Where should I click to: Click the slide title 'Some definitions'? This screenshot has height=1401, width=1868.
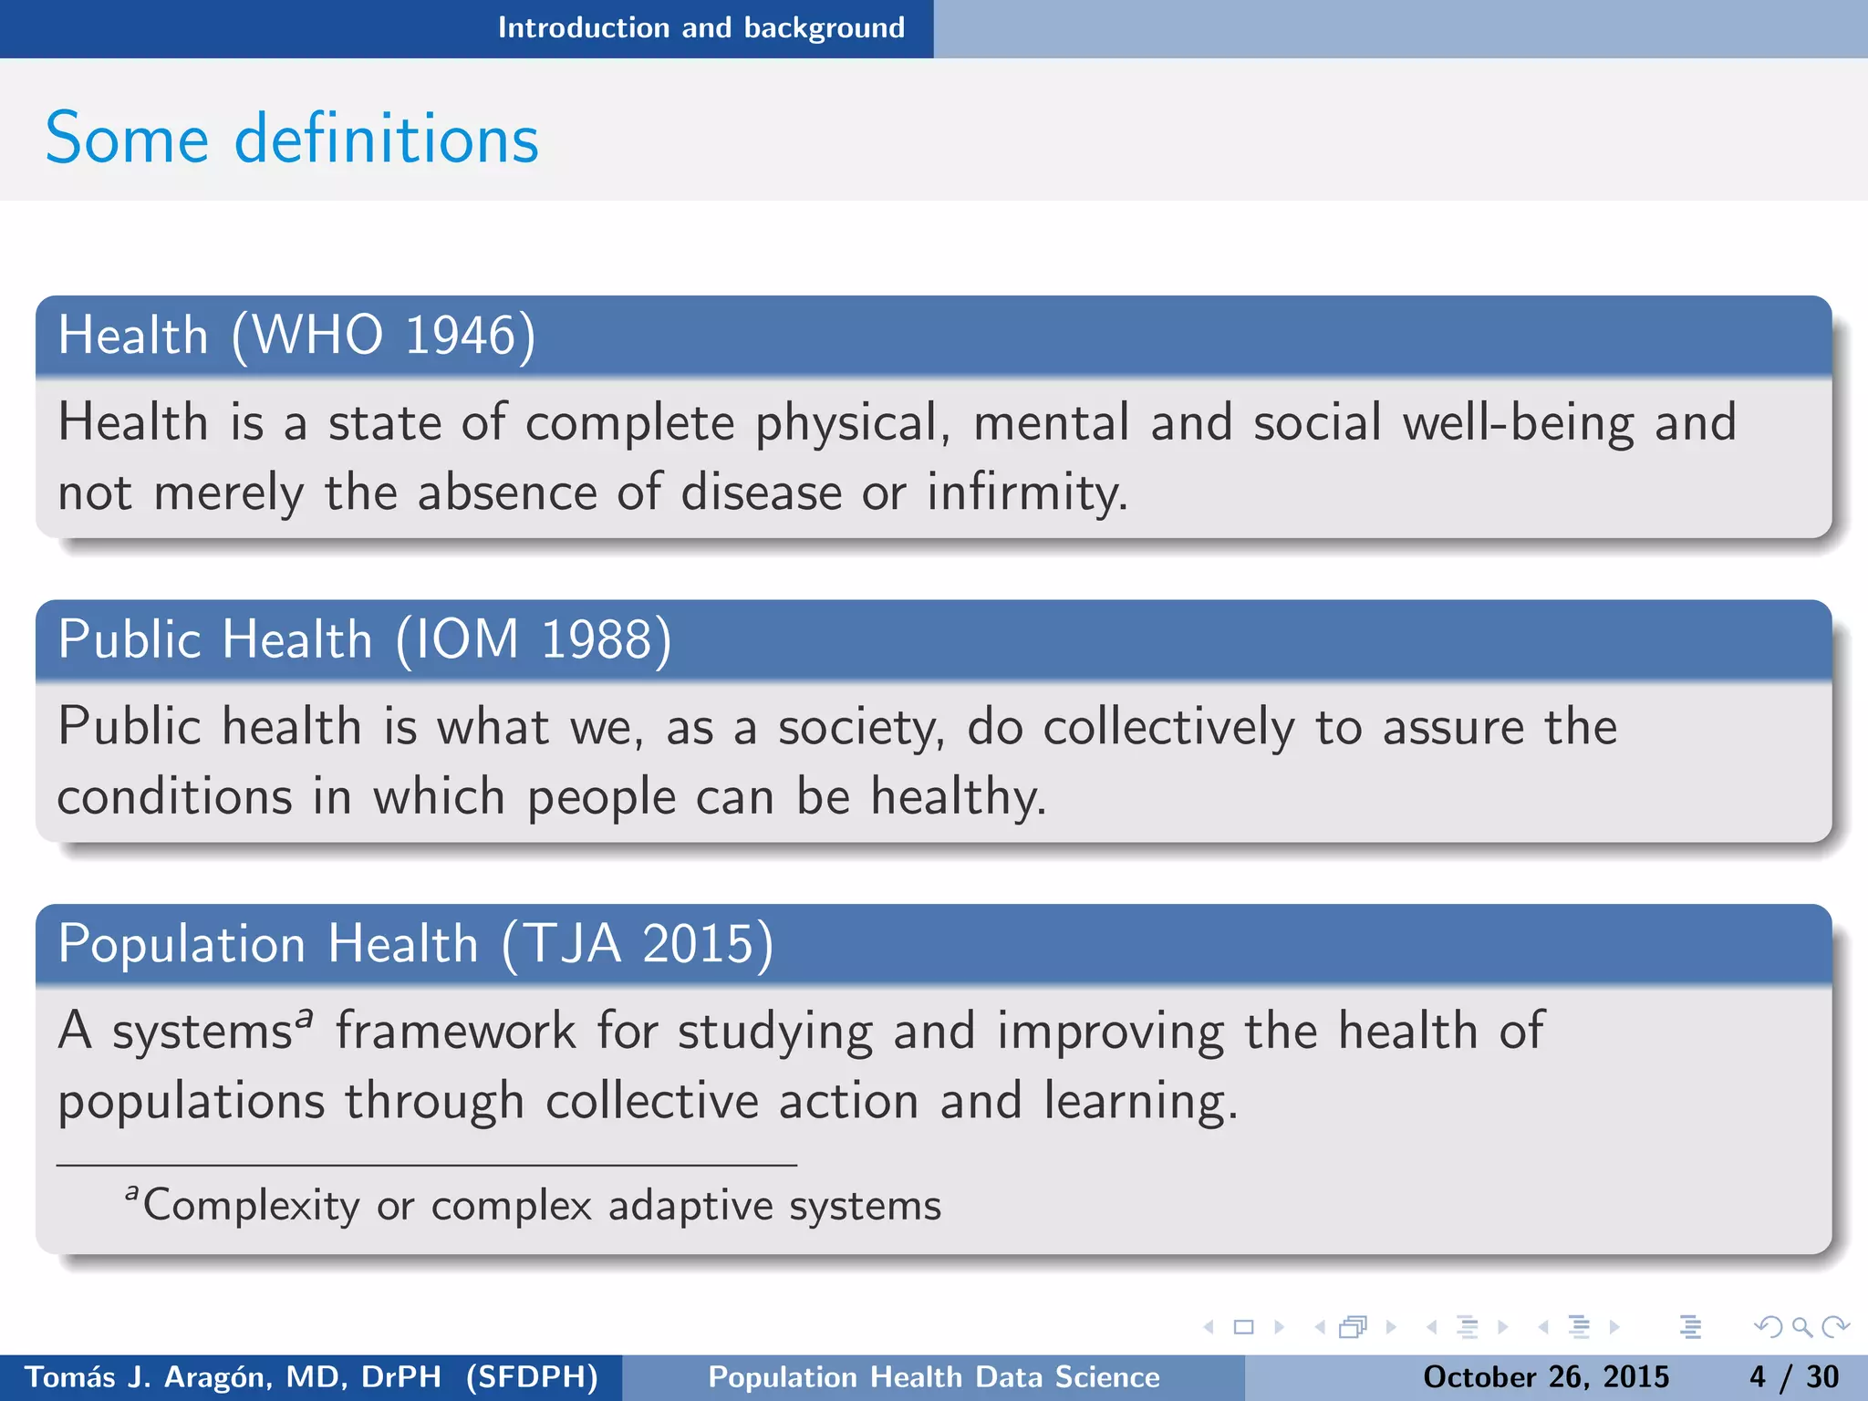(292, 139)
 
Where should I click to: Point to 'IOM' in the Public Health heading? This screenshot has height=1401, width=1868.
(467, 639)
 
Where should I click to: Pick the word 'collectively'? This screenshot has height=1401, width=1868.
(1168, 728)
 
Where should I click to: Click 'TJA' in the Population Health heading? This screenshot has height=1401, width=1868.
(573, 944)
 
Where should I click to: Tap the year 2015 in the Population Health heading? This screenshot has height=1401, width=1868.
(698, 944)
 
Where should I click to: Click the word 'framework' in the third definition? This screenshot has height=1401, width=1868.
(456, 1032)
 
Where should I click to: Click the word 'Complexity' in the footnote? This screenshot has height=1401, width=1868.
(251, 1206)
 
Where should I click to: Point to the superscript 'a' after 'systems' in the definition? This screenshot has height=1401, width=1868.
(305, 1015)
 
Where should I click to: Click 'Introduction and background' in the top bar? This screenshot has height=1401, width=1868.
(700, 28)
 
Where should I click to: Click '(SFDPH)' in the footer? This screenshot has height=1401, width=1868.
(532, 1376)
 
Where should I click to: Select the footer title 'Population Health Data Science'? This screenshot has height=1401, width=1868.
(934, 1376)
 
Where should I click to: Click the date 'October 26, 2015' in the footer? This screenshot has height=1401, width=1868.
(1546, 1376)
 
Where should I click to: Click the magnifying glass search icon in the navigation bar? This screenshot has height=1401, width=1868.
(1801, 1327)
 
